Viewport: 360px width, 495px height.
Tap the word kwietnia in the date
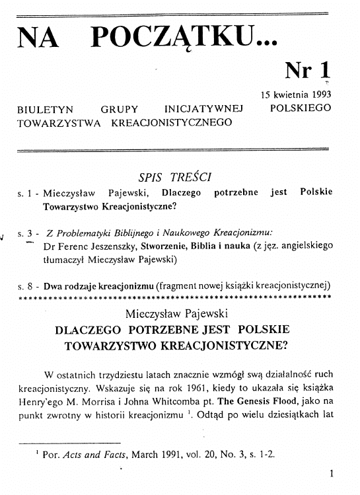[x=289, y=94]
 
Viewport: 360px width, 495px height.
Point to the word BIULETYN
[x=46, y=108]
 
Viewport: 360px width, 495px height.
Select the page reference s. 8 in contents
[x=27, y=286]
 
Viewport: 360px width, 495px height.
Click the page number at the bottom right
[x=331, y=473]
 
